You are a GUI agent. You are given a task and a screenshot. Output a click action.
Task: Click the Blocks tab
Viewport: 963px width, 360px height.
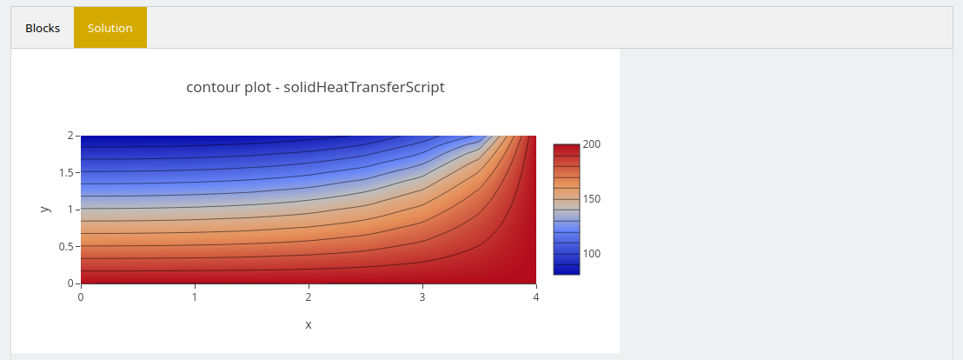pyautogui.click(x=43, y=28)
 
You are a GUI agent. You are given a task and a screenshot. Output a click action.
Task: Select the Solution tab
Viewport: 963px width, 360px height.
pyautogui.click(x=110, y=28)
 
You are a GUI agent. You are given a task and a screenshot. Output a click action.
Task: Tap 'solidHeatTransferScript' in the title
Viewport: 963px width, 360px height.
pyautogui.click(x=364, y=87)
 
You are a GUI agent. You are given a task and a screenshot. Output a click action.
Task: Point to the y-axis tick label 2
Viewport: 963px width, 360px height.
pyautogui.click(x=70, y=136)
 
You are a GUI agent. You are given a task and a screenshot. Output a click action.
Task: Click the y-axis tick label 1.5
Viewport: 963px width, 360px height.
pyautogui.click(x=66, y=173)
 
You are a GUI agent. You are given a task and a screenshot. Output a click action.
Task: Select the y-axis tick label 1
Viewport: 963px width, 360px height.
pyautogui.click(x=70, y=210)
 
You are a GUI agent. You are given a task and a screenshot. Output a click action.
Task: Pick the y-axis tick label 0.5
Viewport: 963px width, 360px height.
pyautogui.click(x=66, y=246)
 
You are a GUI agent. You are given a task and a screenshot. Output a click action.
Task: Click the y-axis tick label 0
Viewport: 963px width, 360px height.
pyautogui.click(x=70, y=283)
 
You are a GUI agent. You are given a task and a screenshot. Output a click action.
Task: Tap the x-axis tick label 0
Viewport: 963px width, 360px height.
pyautogui.click(x=81, y=297)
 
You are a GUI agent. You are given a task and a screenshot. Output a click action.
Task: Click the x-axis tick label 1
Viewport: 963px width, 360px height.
pyautogui.click(x=195, y=297)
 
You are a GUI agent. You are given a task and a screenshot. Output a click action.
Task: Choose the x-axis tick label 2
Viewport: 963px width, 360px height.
pyautogui.click(x=309, y=297)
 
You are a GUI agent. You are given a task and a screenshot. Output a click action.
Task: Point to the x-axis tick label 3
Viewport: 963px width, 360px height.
pyautogui.click(x=422, y=297)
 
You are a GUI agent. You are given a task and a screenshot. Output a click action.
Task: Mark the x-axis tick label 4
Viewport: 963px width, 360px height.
pyautogui.click(x=536, y=297)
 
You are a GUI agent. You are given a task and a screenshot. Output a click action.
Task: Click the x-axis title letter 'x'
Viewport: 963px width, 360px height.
pyautogui.click(x=309, y=325)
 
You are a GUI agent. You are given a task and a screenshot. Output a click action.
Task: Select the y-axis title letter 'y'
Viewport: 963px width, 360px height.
pyautogui.click(x=45, y=210)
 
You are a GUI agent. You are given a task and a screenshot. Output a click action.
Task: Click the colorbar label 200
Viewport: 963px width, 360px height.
pyautogui.click(x=592, y=144)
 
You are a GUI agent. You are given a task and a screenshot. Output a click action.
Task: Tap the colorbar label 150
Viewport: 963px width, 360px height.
pyautogui.click(x=592, y=199)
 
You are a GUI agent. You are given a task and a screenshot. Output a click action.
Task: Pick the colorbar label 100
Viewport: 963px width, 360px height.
pyautogui.click(x=592, y=254)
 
